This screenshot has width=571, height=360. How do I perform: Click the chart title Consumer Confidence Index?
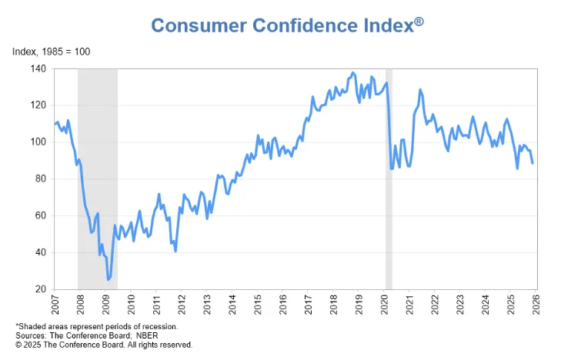[282, 26]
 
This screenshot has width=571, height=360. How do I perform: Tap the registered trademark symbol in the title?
[419, 22]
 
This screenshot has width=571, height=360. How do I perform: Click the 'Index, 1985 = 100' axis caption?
[52, 52]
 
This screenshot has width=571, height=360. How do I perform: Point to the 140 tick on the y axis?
[39, 68]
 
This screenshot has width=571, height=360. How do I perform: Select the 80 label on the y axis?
[42, 178]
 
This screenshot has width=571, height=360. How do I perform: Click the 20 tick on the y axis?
[42, 289]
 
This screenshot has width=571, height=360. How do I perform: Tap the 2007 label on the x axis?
[55, 305]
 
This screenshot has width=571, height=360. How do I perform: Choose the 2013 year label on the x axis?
[207, 305]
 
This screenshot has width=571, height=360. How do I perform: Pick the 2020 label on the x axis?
[384, 305]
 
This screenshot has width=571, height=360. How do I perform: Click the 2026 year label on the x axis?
[536, 305]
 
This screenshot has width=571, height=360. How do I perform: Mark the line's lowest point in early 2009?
[108, 279]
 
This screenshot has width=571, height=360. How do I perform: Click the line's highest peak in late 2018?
[352, 73]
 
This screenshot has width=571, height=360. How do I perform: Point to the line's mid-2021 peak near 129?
[420, 89]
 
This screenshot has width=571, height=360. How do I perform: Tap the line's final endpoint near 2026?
[533, 163]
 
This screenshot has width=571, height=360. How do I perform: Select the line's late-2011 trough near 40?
[175, 252]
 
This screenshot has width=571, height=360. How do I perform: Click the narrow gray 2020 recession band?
[389, 178]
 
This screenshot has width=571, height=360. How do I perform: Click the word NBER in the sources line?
[147, 335]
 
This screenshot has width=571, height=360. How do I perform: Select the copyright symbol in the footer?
[18, 345]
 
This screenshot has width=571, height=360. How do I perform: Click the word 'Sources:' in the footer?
[31, 335]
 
